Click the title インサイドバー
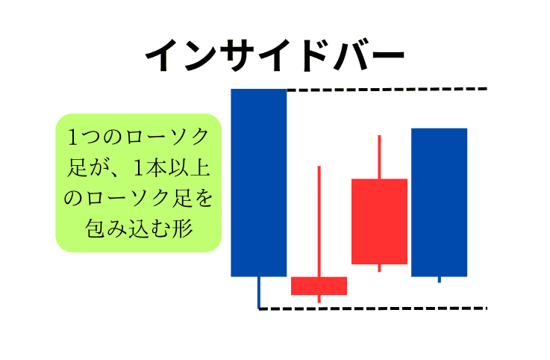275,55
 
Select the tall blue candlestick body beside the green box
259,183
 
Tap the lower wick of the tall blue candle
259,293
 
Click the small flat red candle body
319,286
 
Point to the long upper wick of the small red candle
319,221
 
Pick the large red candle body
380,221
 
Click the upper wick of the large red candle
380,157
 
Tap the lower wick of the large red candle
380,268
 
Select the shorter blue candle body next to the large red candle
439,202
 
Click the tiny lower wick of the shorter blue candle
439,279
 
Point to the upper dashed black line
387,90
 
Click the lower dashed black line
373,308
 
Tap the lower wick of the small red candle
319,299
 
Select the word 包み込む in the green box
128,229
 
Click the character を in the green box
204,198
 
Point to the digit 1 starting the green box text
73,137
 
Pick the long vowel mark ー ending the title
387,55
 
